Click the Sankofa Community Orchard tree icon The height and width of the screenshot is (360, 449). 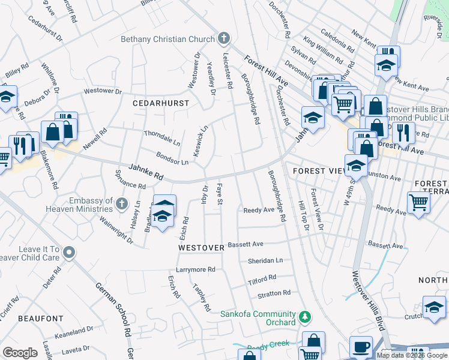[x=305, y=316]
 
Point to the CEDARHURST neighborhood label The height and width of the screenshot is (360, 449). [x=161, y=103]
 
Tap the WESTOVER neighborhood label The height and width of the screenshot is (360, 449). [x=201, y=247]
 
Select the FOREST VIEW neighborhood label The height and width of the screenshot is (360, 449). [x=316, y=171]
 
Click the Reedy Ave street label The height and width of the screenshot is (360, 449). [x=258, y=210]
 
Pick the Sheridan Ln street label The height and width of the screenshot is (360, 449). [x=265, y=261]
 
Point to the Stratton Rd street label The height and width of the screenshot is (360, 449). [x=274, y=293]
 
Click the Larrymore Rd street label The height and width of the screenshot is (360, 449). [x=195, y=270]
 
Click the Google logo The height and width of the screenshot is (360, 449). [x=20, y=353]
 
